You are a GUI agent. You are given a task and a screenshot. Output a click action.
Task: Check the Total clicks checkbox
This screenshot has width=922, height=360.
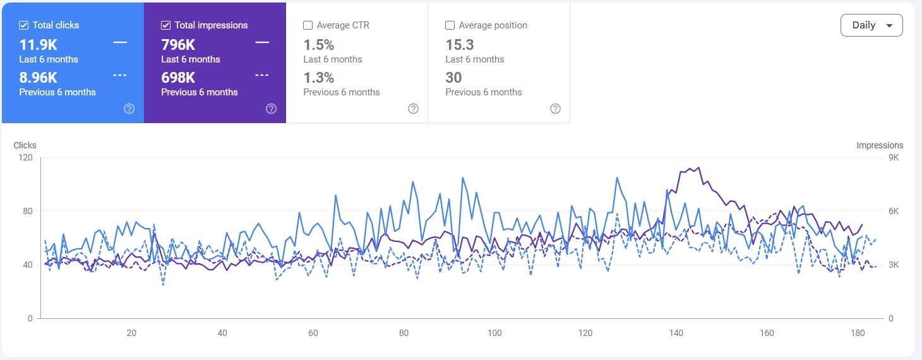point(24,25)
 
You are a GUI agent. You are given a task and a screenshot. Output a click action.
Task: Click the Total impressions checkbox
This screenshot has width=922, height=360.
point(166,25)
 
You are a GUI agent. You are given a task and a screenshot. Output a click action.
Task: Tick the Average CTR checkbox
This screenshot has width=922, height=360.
point(308,25)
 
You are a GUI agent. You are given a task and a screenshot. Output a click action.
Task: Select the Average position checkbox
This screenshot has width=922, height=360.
point(450,25)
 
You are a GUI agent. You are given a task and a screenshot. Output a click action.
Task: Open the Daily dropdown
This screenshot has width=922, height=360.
point(871,25)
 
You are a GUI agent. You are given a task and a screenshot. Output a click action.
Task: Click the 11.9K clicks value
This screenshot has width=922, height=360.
point(39,45)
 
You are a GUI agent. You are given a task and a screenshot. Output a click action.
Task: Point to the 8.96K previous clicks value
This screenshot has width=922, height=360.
point(39,78)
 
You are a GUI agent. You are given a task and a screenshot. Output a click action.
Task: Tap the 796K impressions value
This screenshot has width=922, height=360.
point(178,45)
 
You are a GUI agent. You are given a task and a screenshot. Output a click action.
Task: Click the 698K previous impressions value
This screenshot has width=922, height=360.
point(178,78)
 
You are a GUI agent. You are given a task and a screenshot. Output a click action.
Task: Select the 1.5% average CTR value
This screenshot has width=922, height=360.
point(319,45)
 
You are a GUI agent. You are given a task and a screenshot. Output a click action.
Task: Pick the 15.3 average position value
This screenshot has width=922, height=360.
point(460,45)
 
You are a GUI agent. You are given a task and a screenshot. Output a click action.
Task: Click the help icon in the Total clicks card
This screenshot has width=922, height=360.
point(129,109)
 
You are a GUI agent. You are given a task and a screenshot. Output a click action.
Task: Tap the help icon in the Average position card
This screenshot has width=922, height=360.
point(556,109)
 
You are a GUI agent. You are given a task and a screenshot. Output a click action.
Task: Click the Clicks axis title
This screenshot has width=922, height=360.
point(25,145)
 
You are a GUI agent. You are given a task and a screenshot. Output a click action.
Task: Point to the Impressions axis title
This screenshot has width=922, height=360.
point(880,145)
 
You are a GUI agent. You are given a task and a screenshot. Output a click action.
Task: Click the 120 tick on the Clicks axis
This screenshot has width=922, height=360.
point(25,157)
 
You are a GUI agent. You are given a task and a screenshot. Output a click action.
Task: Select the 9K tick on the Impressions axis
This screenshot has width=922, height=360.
point(893,157)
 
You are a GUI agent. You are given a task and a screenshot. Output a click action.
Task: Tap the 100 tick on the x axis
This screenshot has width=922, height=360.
point(494,333)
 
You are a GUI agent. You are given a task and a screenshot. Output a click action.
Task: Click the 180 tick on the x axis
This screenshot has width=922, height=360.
point(858,333)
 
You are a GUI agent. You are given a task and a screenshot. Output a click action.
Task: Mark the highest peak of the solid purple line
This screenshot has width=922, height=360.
point(698,167)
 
